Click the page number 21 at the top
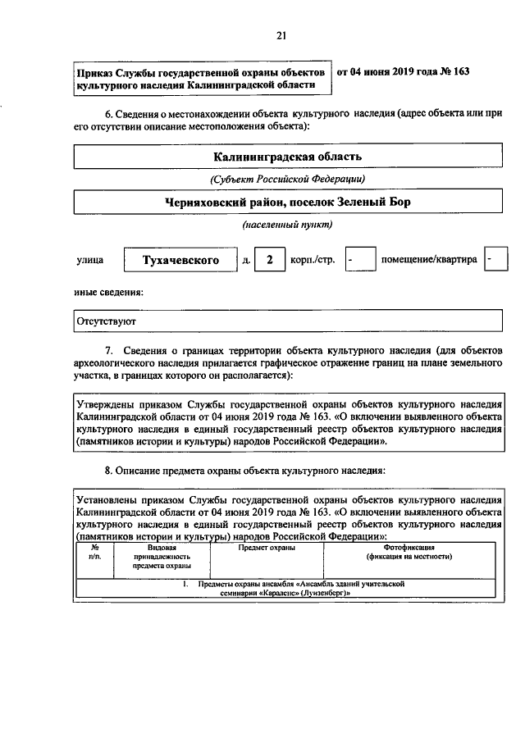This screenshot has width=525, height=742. [x=281, y=34]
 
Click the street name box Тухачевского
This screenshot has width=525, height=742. [x=180, y=261]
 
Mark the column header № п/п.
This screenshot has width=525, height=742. [x=95, y=551]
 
